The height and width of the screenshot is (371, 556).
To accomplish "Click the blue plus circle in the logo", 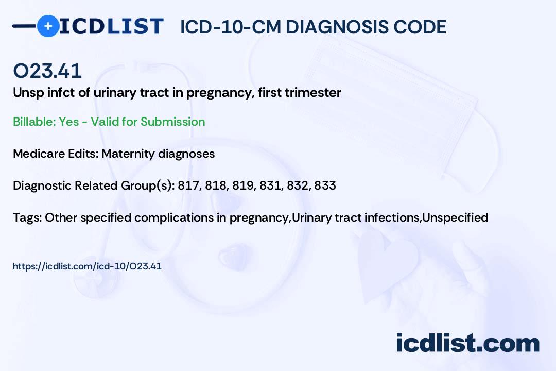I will [48, 26].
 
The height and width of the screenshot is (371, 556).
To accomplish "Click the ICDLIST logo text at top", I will [112, 26].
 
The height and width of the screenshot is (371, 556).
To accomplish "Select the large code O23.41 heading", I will [47, 71].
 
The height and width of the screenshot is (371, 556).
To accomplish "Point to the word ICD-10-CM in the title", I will [230, 27].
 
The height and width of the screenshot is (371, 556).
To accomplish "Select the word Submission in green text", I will [172, 122].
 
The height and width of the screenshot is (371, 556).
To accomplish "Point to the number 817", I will [188, 185].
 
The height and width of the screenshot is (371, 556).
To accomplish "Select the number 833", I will [325, 185].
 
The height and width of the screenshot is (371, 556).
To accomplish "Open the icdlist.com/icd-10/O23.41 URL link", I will [87, 266].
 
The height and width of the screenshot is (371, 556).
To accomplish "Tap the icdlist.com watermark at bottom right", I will [467, 343].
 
